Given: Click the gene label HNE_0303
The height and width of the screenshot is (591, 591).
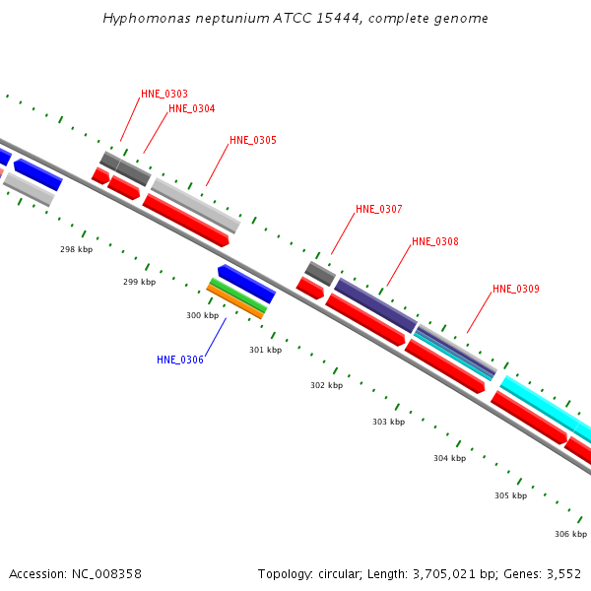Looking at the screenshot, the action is click(164, 95).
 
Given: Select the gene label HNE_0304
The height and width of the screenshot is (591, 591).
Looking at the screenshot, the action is click(192, 109).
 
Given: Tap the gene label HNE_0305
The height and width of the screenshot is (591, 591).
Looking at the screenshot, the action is click(253, 141).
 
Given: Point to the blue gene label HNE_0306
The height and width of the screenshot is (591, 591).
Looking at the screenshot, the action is click(180, 361).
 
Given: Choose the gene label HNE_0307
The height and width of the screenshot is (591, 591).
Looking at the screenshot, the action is click(379, 210).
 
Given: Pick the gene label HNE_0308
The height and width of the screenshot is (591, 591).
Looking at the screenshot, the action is click(435, 242).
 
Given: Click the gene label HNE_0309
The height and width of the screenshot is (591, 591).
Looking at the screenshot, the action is click(516, 290).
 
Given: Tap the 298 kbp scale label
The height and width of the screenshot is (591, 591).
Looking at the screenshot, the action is click(76, 250).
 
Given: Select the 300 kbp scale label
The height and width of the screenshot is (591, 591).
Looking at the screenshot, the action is click(202, 316).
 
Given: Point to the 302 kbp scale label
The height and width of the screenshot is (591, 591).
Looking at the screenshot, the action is click(326, 386).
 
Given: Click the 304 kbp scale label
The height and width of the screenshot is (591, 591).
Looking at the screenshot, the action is click(449, 459).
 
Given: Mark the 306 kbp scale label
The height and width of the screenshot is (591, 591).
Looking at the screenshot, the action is click(570, 535).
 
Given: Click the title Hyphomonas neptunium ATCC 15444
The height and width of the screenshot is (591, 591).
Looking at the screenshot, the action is click(295, 19).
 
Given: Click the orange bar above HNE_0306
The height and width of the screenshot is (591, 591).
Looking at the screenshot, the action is click(235, 302).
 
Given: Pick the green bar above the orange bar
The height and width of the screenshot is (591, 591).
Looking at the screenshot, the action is click(238, 295).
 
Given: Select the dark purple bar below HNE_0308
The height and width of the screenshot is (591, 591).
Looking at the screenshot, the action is click(375, 305).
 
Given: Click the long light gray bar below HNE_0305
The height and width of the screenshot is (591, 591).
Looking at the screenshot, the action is click(196, 205).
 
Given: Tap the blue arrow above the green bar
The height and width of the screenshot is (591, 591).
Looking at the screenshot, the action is click(246, 284).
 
